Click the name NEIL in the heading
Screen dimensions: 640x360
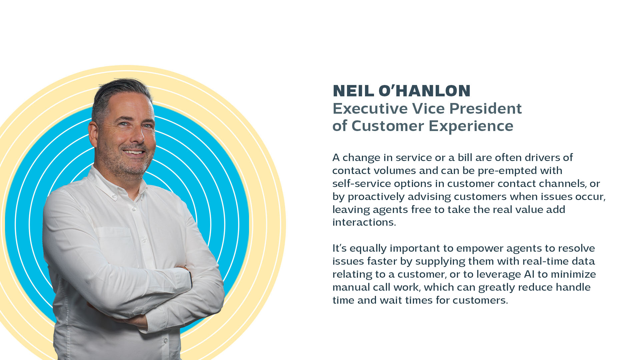pyautogui.click(x=353, y=91)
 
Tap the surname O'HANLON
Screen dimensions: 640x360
pyautogui.click(x=425, y=91)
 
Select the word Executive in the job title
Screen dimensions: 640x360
pyautogui.click(x=370, y=109)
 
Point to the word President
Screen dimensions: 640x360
pyautogui.click(x=485, y=109)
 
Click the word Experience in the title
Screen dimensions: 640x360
pyautogui.click(x=471, y=126)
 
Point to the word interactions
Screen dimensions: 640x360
pyautogui.click(x=364, y=222)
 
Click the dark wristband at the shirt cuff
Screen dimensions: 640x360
pyautogui.click(x=191, y=279)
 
